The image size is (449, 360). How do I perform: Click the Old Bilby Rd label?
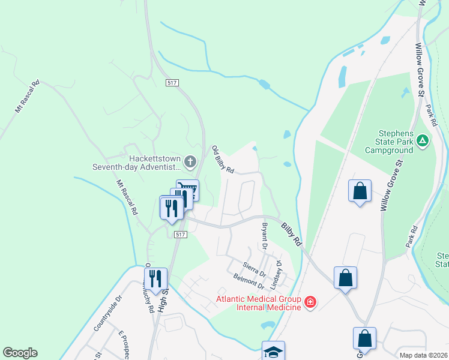pos(222,160)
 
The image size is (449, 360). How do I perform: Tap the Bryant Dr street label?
pos(264,236)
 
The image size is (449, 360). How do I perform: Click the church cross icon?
pos(190,161)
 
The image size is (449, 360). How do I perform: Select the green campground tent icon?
pos(423,140)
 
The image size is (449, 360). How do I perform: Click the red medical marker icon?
pos(310,302)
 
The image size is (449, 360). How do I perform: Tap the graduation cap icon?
pos(273,351)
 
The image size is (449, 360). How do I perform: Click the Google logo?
pos(20,353)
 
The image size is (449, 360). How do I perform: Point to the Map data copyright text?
pos(424,355)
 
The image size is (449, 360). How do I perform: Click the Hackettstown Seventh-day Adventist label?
pos(137,162)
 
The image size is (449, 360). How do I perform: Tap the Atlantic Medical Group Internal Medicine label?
pos(259,302)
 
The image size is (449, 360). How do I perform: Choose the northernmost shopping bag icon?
pos(360,191)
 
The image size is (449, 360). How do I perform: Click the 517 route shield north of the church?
pos(173,82)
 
